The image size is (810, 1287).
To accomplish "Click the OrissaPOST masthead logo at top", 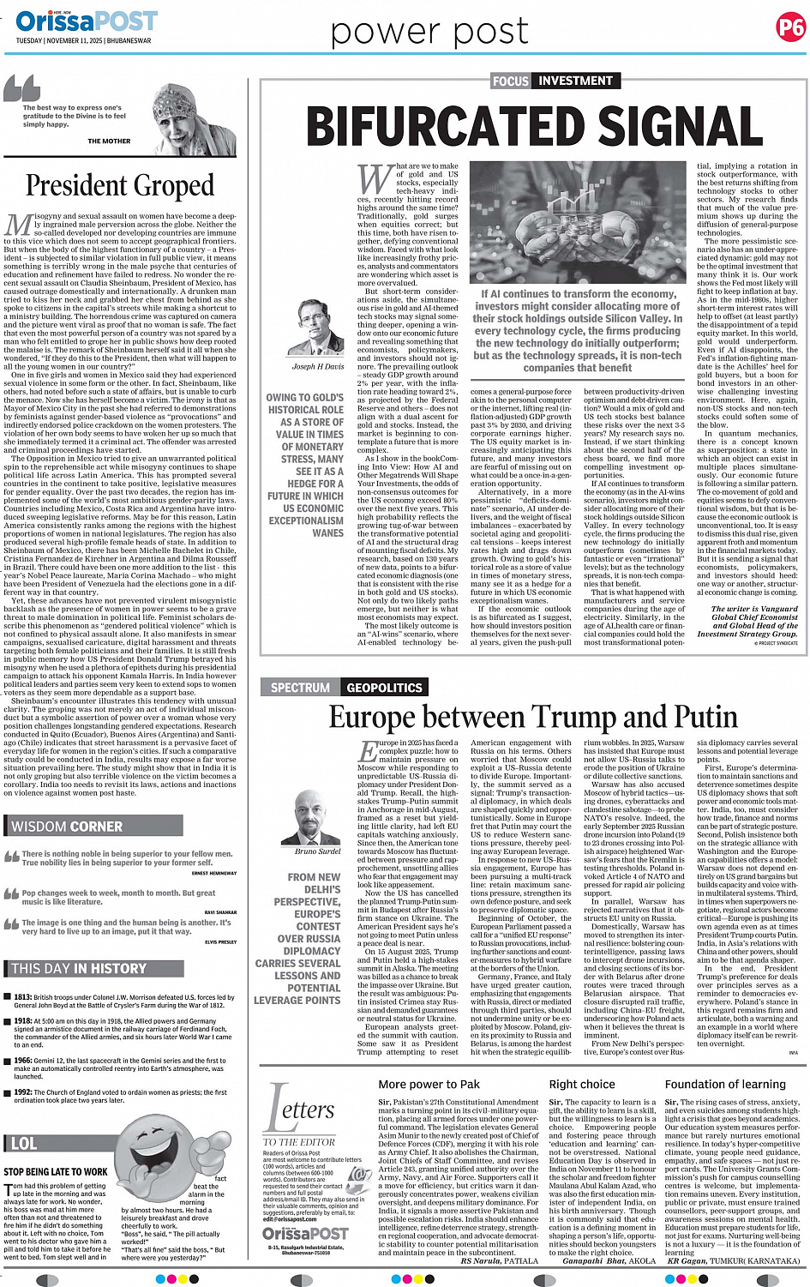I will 87,21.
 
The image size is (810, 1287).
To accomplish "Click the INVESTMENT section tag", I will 575,81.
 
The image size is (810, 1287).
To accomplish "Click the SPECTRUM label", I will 300,688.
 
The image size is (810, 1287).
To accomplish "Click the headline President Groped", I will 119,185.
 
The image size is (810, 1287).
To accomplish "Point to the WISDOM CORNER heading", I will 67,827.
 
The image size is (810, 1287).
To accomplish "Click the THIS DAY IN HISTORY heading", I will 79,969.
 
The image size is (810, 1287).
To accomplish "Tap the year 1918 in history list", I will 22,1021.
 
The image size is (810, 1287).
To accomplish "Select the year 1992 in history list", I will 22,1092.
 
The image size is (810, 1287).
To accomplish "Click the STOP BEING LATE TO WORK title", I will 56,1171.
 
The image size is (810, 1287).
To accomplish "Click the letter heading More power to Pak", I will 429,1085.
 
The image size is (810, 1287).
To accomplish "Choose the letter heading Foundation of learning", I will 725,1085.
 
